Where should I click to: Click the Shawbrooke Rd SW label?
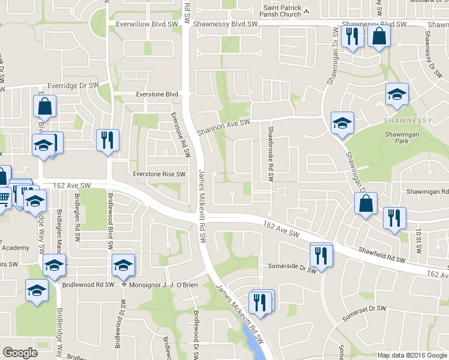271,154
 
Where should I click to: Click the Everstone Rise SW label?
159,174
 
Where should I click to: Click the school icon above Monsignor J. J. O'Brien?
123,265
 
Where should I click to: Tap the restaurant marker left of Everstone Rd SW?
108,140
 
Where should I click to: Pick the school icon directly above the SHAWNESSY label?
396,94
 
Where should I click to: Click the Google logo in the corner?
20,353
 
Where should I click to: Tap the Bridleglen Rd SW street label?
77,217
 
